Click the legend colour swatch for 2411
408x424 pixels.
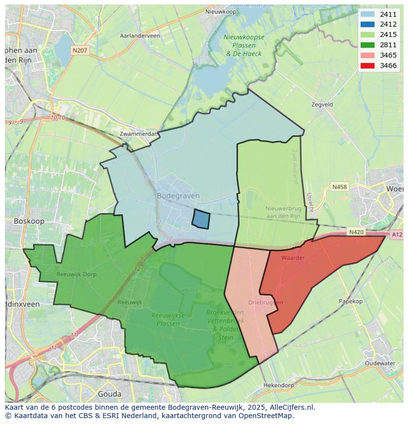click(x=367, y=14)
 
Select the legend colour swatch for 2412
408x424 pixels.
click(x=367, y=24)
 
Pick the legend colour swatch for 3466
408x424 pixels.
click(x=367, y=65)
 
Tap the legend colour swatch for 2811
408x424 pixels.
click(x=367, y=45)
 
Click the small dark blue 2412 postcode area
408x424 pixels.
click(x=201, y=219)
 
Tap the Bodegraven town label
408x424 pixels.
click(x=178, y=196)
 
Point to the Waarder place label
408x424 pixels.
click(x=293, y=258)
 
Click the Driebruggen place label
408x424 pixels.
click(x=266, y=302)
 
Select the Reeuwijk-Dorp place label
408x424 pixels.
click(x=76, y=274)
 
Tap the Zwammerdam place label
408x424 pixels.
click(x=139, y=133)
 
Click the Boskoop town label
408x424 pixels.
click(x=29, y=221)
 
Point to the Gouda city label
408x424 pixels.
click(x=109, y=394)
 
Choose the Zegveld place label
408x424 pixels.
click(x=322, y=104)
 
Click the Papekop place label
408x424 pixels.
click(x=350, y=301)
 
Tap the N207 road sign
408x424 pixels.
click(x=79, y=50)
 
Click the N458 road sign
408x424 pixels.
click(x=339, y=187)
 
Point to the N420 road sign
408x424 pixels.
click(x=356, y=232)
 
